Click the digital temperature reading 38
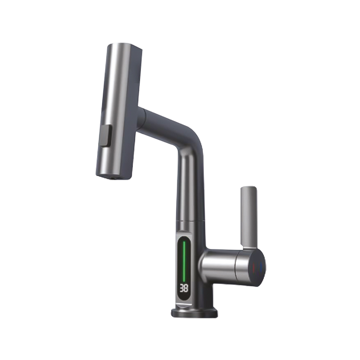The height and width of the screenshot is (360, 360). pyautogui.click(x=184, y=288)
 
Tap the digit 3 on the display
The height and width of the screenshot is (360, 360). pyautogui.click(x=181, y=288)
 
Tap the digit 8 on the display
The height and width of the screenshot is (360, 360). pyautogui.click(x=186, y=288)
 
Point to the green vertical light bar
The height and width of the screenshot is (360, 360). pyautogui.click(x=184, y=262)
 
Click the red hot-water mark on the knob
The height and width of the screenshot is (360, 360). pyautogui.click(x=254, y=268)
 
